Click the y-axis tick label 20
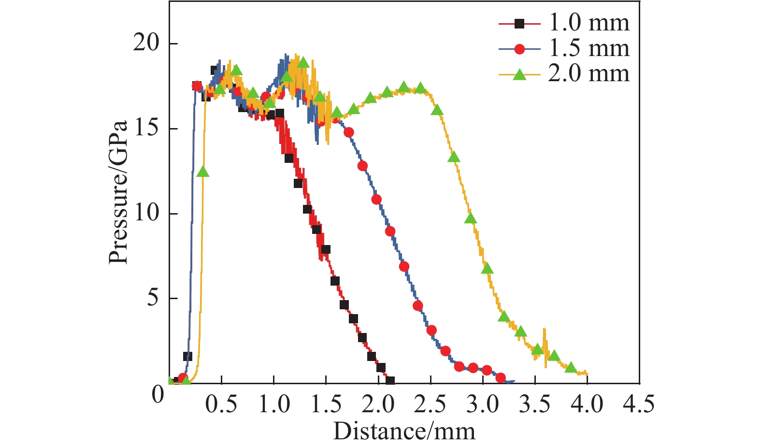tap(146, 43)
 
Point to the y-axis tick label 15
tap(146, 129)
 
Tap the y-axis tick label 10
tap(146, 213)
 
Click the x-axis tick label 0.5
tap(221, 404)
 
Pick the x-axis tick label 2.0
tap(378, 404)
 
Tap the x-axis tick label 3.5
tap(535, 404)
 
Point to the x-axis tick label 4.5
tap(639, 404)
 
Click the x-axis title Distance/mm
tap(404, 431)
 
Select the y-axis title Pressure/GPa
tap(119, 192)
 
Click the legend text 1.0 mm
tap(589, 23)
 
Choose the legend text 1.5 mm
tap(589, 48)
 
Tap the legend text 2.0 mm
tap(589, 74)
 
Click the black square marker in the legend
tap(519, 23)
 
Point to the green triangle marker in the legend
tap(519, 74)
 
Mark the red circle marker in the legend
tap(519, 48)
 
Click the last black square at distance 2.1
tap(390, 381)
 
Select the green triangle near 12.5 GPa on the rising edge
tap(203, 172)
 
